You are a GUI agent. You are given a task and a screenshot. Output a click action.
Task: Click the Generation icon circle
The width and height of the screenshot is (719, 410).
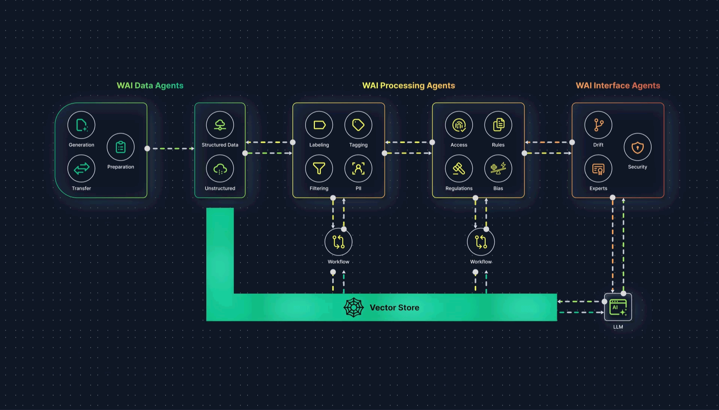pyautogui.click(x=81, y=125)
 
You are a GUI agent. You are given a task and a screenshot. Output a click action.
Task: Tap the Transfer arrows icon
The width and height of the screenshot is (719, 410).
pyautogui.click(x=81, y=169)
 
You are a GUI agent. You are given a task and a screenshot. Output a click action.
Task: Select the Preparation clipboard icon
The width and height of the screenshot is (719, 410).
pyautogui.click(x=121, y=147)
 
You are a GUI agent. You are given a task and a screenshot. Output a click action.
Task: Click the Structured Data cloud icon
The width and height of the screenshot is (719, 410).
pyautogui.click(x=220, y=125)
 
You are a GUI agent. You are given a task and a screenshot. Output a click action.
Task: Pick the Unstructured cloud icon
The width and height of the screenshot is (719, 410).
pyautogui.click(x=220, y=169)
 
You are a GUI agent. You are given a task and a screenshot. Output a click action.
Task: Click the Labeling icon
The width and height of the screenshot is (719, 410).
pyautogui.click(x=319, y=125)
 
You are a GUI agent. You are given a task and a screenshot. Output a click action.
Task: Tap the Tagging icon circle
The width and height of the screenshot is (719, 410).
pyautogui.click(x=358, y=125)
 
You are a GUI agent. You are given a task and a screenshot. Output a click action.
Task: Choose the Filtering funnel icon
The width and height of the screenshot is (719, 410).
pyautogui.click(x=319, y=169)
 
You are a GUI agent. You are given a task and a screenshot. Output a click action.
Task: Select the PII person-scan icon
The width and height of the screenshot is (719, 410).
pyautogui.click(x=358, y=169)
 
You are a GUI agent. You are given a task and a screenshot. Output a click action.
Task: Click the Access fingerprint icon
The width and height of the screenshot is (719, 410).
pyautogui.click(x=459, y=125)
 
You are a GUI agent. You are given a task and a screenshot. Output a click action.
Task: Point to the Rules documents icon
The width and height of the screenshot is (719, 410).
pyautogui.click(x=498, y=125)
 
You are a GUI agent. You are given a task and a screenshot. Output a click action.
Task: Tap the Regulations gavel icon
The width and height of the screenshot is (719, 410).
pyautogui.click(x=459, y=169)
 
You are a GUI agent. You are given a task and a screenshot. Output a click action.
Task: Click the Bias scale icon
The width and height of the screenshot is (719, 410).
pyautogui.click(x=498, y=169)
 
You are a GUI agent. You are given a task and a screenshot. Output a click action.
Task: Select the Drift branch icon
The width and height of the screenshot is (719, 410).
pyautogui.click(x=598, y=125)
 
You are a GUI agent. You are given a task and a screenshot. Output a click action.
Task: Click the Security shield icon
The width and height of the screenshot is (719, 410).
pyautogui.click(x=637, y=147)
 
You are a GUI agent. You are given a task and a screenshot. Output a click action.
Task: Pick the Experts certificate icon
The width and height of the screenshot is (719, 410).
pyautogui.click(x=598, y=169)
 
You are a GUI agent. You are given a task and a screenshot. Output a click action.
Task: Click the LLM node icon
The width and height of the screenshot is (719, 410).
pyautogui.click(x=618, y=307)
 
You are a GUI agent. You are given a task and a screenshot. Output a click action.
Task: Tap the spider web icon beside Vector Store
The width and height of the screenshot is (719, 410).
pyautogui.click(x=354, y=308)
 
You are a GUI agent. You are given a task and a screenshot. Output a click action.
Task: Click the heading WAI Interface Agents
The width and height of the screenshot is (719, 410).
pyautogui.click(x=618, y=85)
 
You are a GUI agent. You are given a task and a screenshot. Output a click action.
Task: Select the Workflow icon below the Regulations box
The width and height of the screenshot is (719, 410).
pyautogui.click(x=481, y=242)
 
